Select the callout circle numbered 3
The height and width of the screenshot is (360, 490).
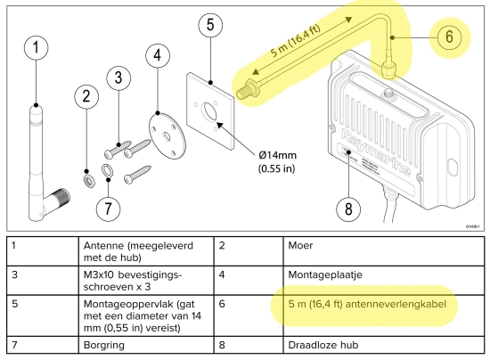[x=118, y=78]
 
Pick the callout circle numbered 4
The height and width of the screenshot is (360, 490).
[x=158, y=57]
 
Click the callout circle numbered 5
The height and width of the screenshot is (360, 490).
[x=209, y=25]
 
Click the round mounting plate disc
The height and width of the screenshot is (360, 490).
[x=164, y=128]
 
